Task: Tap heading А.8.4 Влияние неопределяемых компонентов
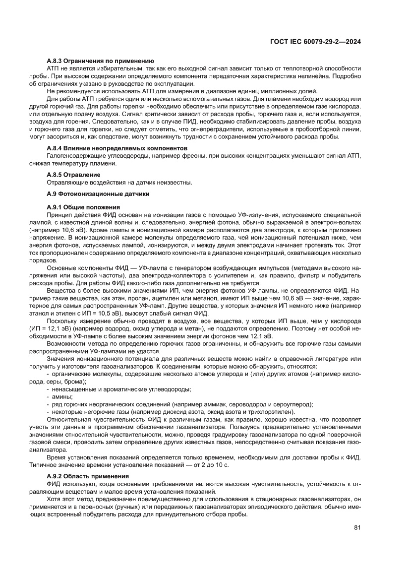click(116, 148)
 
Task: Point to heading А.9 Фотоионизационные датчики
click(98, 193)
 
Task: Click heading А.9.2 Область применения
click(88, 475)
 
